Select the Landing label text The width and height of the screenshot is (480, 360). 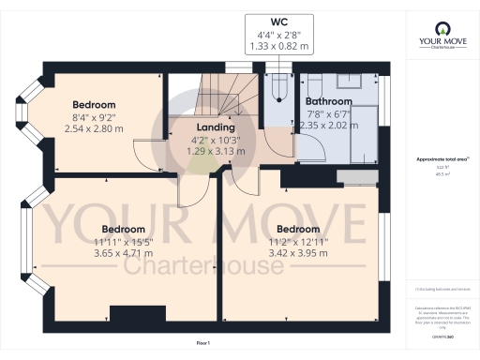(215, 127)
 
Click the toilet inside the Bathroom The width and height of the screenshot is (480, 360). (312, 83)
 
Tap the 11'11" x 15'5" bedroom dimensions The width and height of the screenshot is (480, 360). (123, 242)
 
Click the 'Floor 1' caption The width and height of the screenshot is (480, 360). (202, 345)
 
